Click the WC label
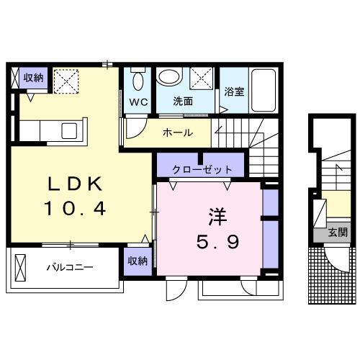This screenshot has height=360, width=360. [x=138, y=102]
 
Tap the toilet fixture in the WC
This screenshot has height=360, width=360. [x=138, y=78]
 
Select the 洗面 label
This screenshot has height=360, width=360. [x=183, y=102]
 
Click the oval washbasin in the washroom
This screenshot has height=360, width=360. [x=170, y=78]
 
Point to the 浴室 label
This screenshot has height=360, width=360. [x=234, y=91]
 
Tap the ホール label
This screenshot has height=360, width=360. [x=177, y=133]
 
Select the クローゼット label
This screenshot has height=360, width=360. [x=202, y=170]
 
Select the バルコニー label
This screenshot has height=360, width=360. [x=70, y=268]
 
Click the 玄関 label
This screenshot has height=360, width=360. [x=338, y=233]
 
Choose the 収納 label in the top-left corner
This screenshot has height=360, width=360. [x=33, y=78]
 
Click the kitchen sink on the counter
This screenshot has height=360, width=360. [x=69, y=131]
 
